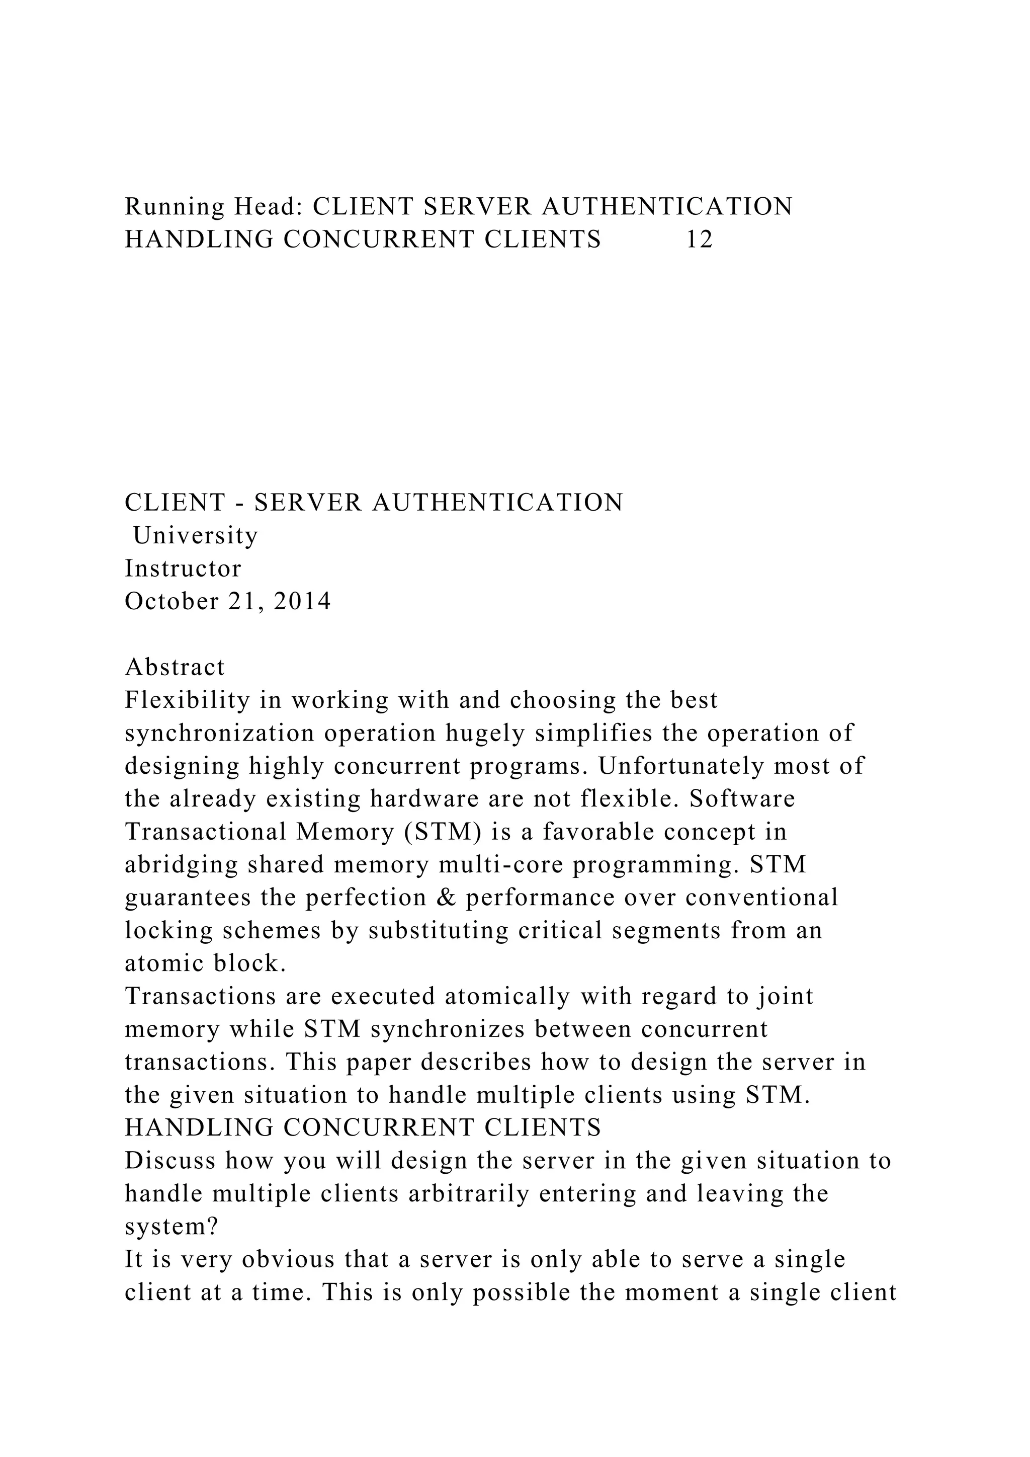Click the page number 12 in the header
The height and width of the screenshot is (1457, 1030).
pos(700,239)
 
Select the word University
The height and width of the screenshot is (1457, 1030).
pos(195,536)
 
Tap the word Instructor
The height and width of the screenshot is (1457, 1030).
pos(183,569)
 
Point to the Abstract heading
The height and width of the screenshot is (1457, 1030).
pos(175,667)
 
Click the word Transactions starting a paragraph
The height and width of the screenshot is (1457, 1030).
pos(200,996)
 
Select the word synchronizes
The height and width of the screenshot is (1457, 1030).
pos(448,1029)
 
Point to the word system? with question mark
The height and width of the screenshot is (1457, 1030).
pos(171,1227)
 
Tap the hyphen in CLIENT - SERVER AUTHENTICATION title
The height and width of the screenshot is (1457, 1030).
pos(240,503)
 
